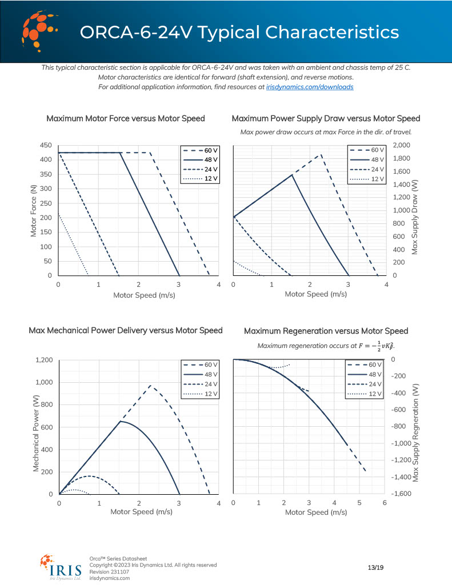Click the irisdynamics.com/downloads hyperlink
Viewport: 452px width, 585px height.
pyautogui.click(x=310, y=87)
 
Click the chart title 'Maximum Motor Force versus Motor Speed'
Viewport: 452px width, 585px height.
pyautogui.click(x=126, y=119)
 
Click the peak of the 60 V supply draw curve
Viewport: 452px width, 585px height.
pyautogui.click(x=322, y=154)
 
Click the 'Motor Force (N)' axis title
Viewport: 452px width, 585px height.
pyautogui.click(x=34, y=210)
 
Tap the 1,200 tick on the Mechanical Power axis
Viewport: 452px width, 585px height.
pyautogui.click(x=43, y=360)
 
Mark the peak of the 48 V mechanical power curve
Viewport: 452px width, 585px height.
pyautogui.click(x=120, y=422)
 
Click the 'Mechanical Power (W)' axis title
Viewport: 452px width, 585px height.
pyautogui.click(x=35, y=427)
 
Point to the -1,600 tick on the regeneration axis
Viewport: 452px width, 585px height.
pyautogui.click(x=401, y=494)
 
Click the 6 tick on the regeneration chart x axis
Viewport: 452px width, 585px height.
pyautogui.click(x=385, y=503)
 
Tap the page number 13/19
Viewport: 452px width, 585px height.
pyautogui.click(x=375, y=567)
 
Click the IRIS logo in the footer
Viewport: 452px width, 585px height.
pyautogui.click(x=61, y=568)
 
